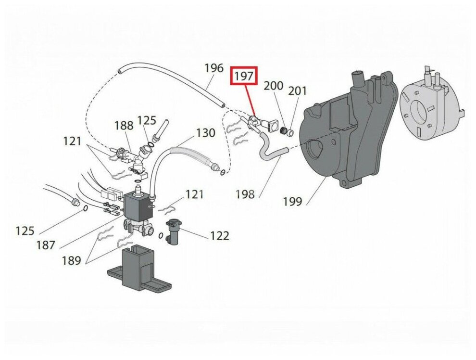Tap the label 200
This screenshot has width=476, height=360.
click(274, 86)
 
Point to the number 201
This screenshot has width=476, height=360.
click(297, 91)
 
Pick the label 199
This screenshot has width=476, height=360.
click(292, 201)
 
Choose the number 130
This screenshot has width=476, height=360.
click(206, 132)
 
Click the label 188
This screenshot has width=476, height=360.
click(124, 126)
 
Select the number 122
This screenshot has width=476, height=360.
click(219, 236)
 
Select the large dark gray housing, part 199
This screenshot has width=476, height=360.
click(346, 135)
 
